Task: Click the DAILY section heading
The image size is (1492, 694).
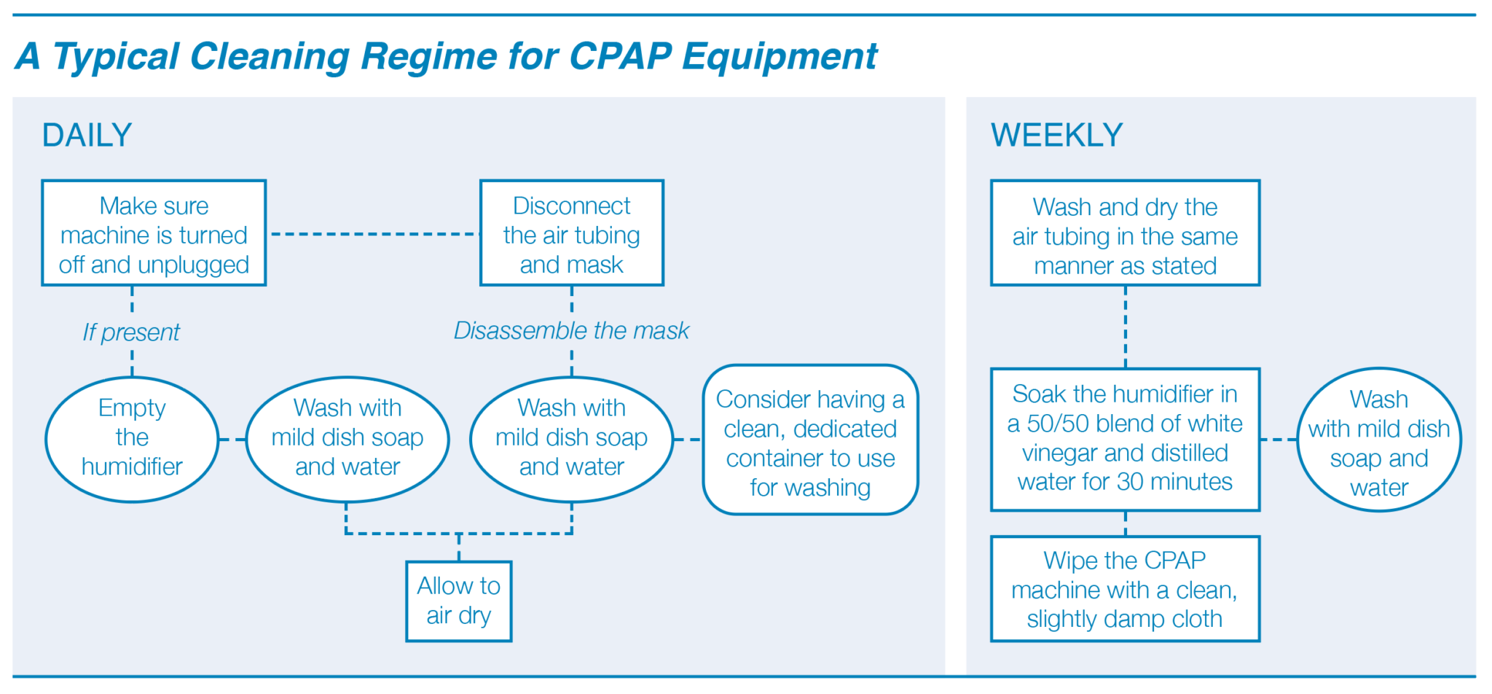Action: pyautogui.click(x=87, y=136)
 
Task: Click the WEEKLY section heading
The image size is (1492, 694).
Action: pyautogui.click(x=1056, y=136)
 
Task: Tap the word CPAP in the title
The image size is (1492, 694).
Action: pyautogui.click(x=620, y=56)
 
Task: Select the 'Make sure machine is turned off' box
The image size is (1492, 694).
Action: pyautogui.click(x=154, y=233)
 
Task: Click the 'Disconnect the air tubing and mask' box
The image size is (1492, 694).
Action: pyautogui.click(x=571, y=233)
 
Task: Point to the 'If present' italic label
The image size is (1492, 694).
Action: pyautogui.click(x=131, y=332)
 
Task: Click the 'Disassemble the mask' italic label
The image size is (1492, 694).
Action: pyautogui.click(x=571, y=331)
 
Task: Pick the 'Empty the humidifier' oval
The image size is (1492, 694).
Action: pyautogui.click(x=132, y=438)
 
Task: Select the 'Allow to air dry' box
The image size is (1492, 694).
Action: pyautogui.click(x=458, y=601)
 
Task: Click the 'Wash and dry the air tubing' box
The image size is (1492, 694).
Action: pyautogui.click(x=1125, y=233)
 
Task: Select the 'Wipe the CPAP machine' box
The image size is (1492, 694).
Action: pyautogui.click(x=1125, y=589)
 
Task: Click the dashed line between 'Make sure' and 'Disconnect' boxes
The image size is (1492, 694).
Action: pyautogui.click(x=373, y=234)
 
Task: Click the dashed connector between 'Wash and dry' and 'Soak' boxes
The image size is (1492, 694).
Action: pyautogui.click(x=1126, y=327)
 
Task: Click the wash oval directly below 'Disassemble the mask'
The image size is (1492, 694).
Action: pyautogui.click(x=571, y=438)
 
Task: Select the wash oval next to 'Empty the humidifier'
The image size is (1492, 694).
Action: pyautogui.click(x=348, y=438)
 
